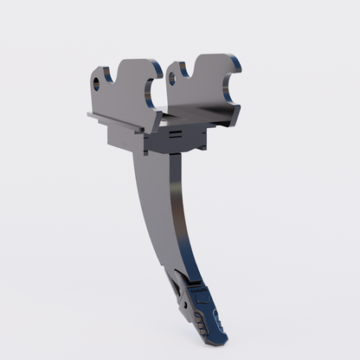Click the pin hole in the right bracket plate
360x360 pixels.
172,78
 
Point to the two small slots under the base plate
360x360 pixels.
176,135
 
